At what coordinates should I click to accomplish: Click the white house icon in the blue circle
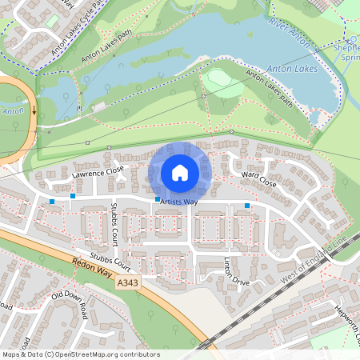point(180,172)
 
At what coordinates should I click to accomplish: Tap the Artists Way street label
point(178,203)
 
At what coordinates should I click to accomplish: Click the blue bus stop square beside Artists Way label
point(158,199)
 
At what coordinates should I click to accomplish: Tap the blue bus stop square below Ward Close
point(247,206)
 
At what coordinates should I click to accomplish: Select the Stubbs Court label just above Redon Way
point(110,261)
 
